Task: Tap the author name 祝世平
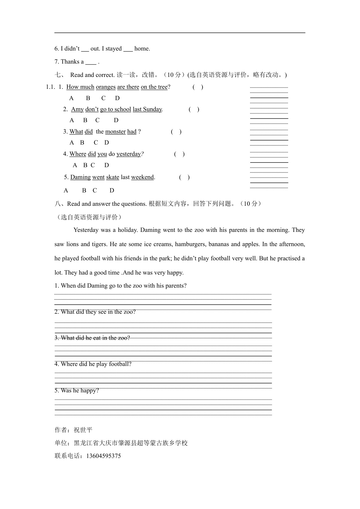pyautogui.click(x=83, y=430)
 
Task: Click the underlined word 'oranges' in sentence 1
pyautogui.click(x=106, y=87)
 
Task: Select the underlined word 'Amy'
pyautogui.click(x=77, y=109)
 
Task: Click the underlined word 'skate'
pyautogui.click(x=113, y=177)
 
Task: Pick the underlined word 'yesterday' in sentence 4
pyautogui.click(x=129, y=154)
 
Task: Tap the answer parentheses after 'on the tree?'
pyautogui.click(x=198, y=87)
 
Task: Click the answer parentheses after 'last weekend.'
pyautogui.click(x=184, y=177)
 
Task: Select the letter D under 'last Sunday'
pyautogui.click(x=116, y=120)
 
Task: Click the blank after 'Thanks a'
pyautogui.click(x=91, y=62)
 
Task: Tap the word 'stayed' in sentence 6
pyautogui.click(x=113, y=49)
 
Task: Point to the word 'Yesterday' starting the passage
pyautogui.click(x=86, y=230)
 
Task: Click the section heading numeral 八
pyautogui.click(x=57, y=204)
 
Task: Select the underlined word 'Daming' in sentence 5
pyautogui.click(x=80, y=177)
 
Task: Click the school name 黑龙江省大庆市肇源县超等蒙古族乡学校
pyautogui.click(x=131, y=443)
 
